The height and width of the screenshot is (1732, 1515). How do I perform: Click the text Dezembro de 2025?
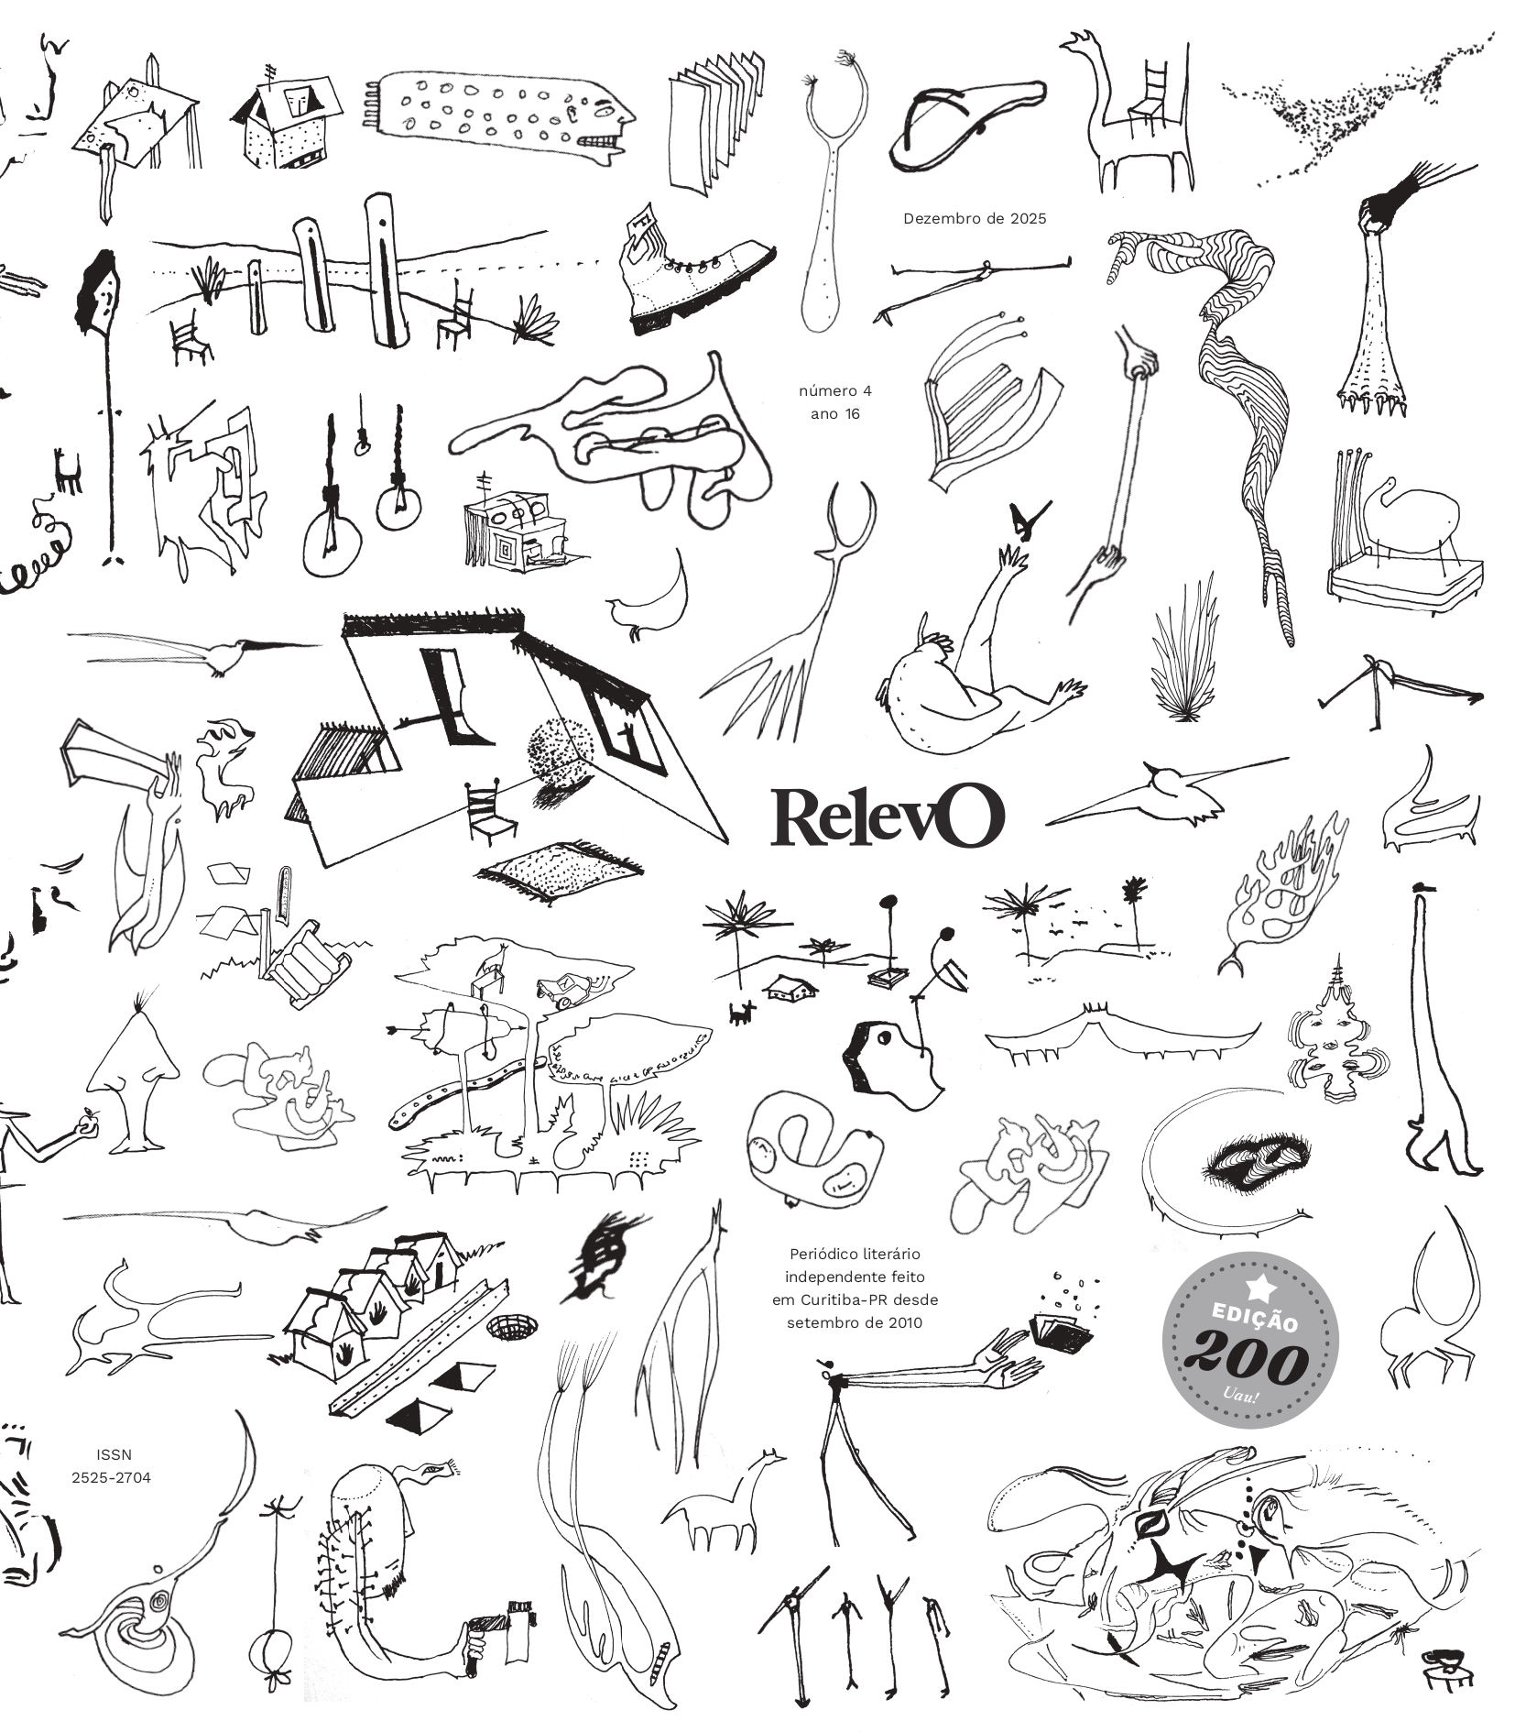[974, 219]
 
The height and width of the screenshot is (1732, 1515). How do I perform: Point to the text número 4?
[834, 391]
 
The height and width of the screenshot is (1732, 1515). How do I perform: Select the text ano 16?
[835, 414]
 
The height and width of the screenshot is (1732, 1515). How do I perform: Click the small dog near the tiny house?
[741, 1012]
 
